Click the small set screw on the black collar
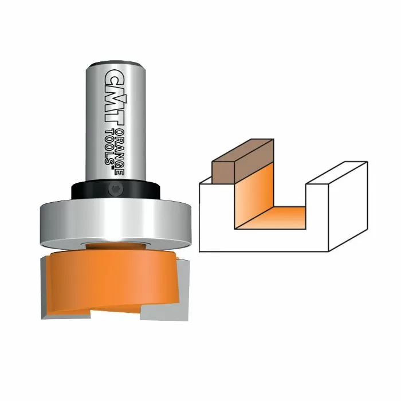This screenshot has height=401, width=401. [115, 189]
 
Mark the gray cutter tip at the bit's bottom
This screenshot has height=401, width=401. [160, 309]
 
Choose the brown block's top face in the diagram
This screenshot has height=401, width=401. [243, 151]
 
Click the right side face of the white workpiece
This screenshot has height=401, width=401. [347, 209]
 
